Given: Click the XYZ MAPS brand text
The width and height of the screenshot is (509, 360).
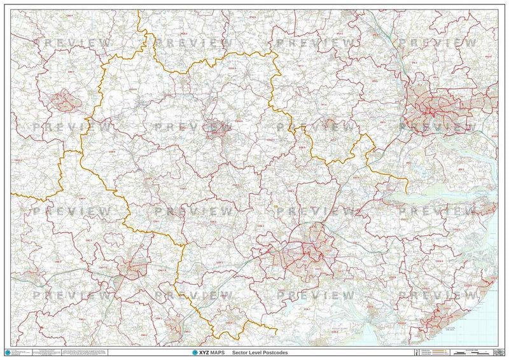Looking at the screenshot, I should coord(211,352).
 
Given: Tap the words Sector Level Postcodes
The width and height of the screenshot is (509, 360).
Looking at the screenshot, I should coord(259,352).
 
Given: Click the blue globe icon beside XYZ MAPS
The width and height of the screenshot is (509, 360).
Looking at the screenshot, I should coord(195,352).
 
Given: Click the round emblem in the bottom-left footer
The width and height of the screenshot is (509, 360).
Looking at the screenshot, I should coord(8,352).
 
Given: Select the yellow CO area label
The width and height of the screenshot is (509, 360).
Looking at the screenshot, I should coord(274,205).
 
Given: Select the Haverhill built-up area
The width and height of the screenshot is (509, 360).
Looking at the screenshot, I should coord(64,100).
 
